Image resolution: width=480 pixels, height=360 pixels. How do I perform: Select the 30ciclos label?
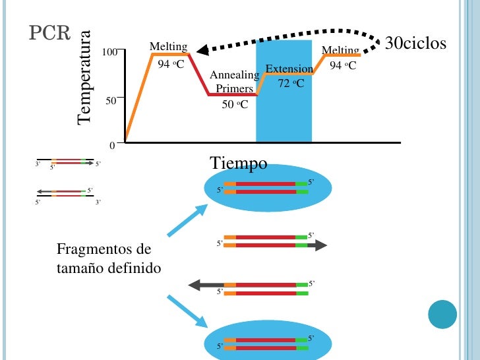click(x=415, y=44)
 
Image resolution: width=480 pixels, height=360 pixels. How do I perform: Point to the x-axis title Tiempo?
click(x=239, y=163)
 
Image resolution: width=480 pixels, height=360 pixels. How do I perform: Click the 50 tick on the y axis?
click(x=111, y=100)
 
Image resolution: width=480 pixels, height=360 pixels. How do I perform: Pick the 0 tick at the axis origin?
click(x=112, y=144)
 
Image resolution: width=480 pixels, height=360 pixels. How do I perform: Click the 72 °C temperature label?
click(x=290, y=83)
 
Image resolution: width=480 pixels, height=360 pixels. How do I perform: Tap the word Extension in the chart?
click(x=289, y=69)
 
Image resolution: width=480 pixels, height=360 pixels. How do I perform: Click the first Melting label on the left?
click(x=168, y=47)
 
